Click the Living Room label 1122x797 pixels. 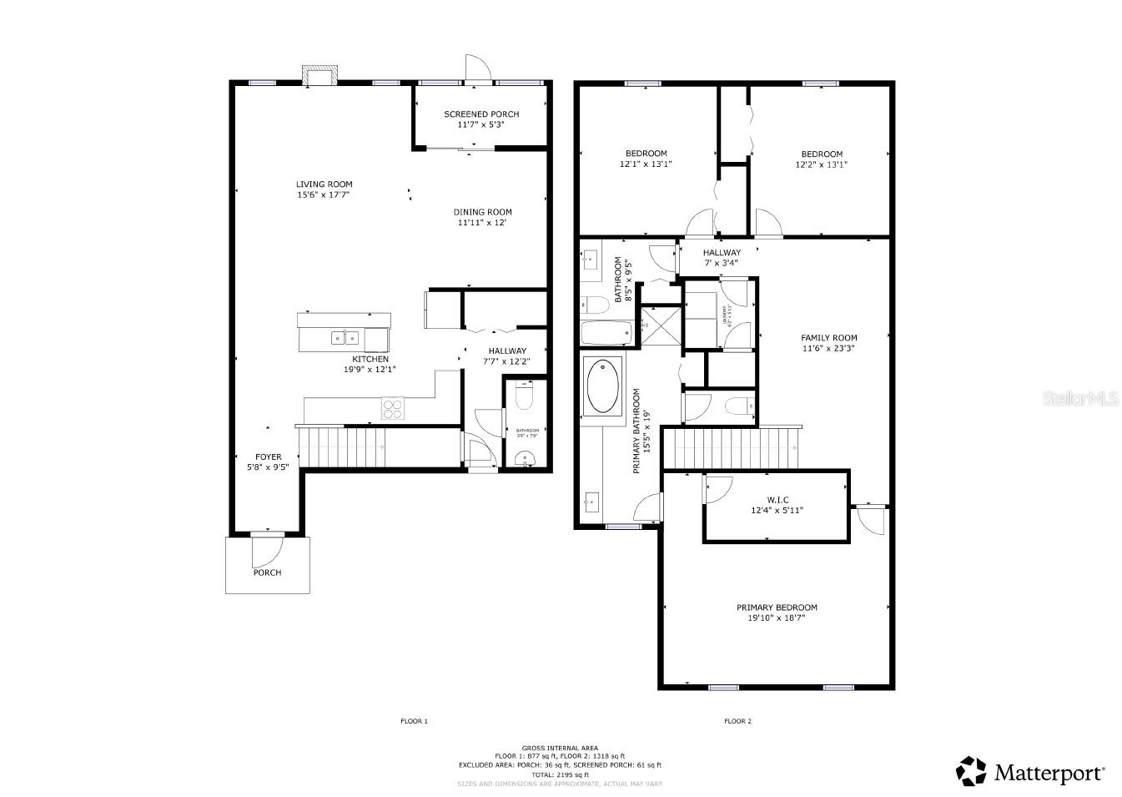(324, 184)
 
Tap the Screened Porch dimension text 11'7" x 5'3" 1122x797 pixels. (480, 125)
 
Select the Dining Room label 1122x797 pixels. (482, 212)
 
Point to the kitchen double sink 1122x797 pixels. (344, 338)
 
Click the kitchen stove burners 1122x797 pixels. (392, 409)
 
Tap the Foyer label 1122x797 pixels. (268, 457)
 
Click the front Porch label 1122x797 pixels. (267, 573)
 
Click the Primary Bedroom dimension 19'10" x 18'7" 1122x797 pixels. (776, 618)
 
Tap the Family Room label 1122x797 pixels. (828, 338)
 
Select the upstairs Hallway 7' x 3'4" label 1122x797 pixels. (722, 253)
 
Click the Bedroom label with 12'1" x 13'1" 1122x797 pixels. (646, 154)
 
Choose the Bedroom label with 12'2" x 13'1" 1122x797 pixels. (822, 154)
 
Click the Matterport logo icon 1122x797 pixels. (970, 771)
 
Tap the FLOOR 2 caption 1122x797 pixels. (737, 721)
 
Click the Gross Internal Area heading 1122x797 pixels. (560, 748)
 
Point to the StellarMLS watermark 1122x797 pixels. (1079, 400)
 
